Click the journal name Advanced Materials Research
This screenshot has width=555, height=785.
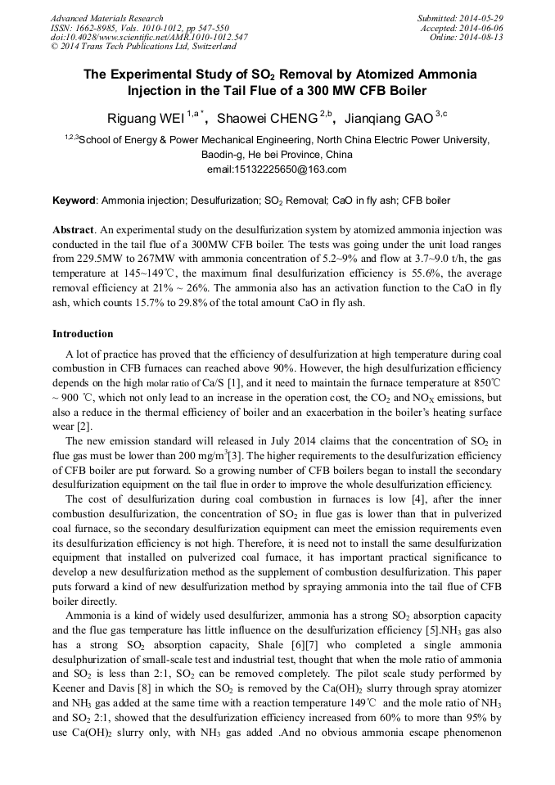[x=106, y=18]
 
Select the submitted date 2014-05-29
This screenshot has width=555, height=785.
[x=481, y=18]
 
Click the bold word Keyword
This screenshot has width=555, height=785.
[x=74, y=201]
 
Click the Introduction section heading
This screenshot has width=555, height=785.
[x=83, y=334]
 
